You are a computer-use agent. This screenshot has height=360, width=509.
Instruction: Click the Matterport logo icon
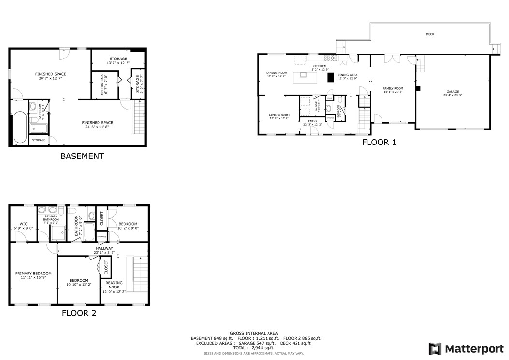[x=435, y=349]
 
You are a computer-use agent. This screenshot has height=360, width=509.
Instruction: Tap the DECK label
[x=430, y=34]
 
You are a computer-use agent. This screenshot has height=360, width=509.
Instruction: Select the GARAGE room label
[x=452, y=92]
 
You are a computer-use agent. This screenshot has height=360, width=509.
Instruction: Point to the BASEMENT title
[x=82, y=156]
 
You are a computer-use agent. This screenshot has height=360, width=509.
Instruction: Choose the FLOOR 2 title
[x=79, y=313]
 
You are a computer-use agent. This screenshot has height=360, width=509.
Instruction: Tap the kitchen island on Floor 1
[x=304, y=74]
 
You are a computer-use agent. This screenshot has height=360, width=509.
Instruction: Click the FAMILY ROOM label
[x=393, y=88]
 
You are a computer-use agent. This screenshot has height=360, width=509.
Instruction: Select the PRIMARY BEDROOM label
[x=33, y=273]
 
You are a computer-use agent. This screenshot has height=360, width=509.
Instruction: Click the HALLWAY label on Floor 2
[x=104, y=248]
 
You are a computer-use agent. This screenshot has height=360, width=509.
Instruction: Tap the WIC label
[x=24, y=224]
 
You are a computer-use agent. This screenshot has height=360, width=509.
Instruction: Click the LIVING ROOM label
[x=279, y=115]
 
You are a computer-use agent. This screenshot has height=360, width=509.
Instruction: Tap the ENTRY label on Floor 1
[x=313, y=121]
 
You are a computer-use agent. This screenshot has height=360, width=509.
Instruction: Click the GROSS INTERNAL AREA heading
[x=254, y=333]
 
